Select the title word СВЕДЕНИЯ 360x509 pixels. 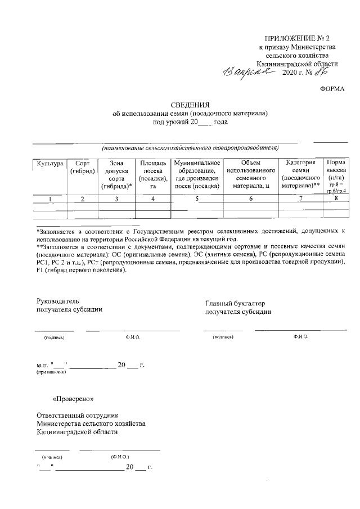coord(190,105)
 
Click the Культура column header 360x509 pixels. coord(49,163)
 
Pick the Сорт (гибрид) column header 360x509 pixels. coord(82,167)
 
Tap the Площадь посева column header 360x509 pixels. coord(152,174)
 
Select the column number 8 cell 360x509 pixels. coord(336,197)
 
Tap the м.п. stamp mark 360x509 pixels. coord(42,365)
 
